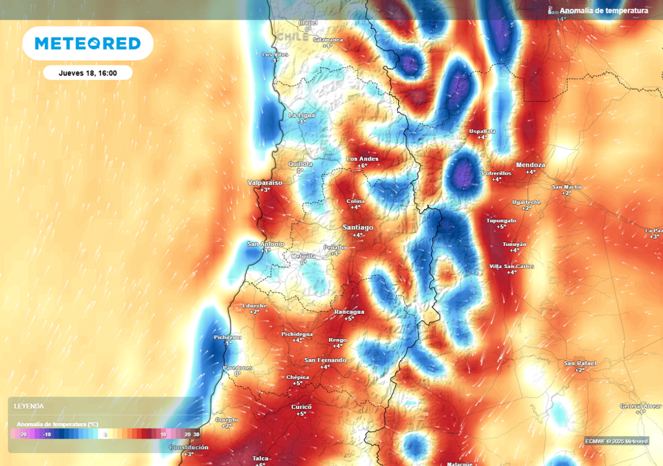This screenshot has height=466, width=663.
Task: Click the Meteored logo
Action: point(87,43)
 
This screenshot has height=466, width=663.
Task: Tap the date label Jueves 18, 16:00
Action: point(87,73)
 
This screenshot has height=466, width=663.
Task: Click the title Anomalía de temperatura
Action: point(603,10)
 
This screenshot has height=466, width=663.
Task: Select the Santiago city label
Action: point(357,228)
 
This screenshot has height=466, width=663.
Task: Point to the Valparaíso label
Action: point(265,183)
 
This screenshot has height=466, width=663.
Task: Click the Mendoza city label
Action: point(530,165)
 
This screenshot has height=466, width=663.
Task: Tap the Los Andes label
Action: point(363,159)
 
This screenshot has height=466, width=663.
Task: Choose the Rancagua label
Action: point(349,312)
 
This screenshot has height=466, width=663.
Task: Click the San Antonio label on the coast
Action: point(265,244)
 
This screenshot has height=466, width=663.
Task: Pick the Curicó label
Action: point(301,406)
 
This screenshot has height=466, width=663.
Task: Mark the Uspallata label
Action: point(482,131)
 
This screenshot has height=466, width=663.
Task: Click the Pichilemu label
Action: point(227,337)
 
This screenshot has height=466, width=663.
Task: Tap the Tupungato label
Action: point(501,221)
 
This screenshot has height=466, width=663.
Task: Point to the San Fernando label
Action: point(325,360)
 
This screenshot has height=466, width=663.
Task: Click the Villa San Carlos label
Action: point(511,267)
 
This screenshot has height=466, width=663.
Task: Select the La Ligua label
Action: point(302,115)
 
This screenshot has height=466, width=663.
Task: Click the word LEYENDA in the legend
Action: point(29,406)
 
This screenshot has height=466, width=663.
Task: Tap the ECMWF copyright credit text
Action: point(616,441)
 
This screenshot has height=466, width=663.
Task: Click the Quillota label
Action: point(300,164)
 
